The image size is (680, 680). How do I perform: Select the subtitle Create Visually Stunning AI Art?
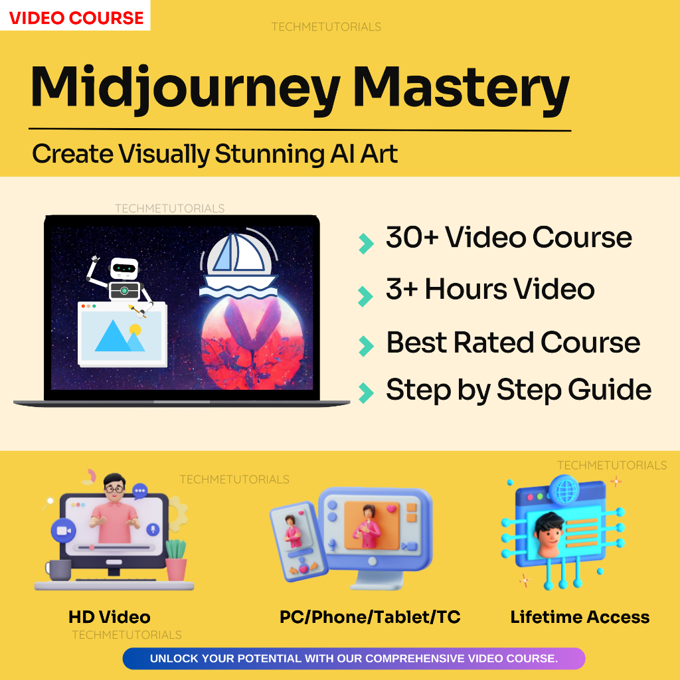pyautogui.click(x=214, y=154)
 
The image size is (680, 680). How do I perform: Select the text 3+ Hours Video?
pyautogui.click(x=490, y=290)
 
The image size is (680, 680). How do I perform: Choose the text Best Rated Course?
pyautogui.click(x=513, y=343)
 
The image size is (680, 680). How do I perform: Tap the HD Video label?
pyautogui.click(x=110, y=617)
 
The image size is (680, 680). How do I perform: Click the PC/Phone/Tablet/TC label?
pyautogui.click(x=370, y=617)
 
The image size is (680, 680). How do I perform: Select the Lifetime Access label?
pyautogui.click(x=580, y=617)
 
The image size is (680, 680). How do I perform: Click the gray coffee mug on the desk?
pyautogui.click(x=58, y=569)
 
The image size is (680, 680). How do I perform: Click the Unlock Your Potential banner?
pyautogui.click(x=353, y=659)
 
